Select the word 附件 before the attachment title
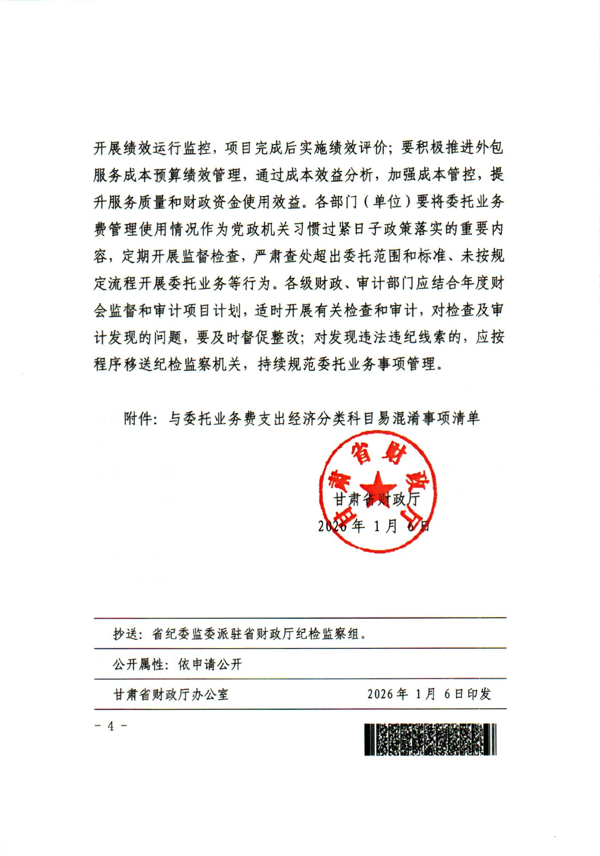click(138, 419)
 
